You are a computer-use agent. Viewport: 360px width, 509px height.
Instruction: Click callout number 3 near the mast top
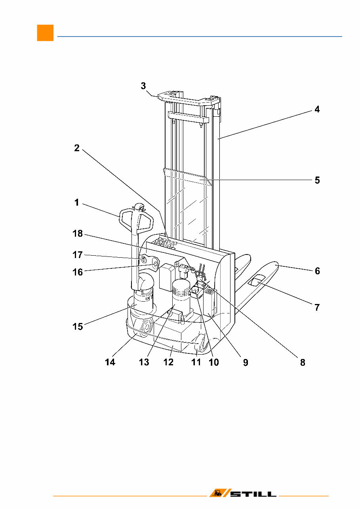click(143, 86)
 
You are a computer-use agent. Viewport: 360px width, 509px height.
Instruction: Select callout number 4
click(316, 110)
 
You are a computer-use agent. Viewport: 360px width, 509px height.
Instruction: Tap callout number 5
click(317, 180)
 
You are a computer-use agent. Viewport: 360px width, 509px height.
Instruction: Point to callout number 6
click(317, 271)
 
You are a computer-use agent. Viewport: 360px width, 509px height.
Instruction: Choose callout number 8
click(303, 362)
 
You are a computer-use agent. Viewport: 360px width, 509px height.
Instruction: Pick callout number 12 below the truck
click(168, 362)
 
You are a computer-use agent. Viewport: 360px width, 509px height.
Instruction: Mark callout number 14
click(110, 362)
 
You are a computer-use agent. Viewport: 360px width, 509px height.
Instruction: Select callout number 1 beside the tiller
click(77, 203)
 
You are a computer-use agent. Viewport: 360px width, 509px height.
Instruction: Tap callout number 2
click(77, 148)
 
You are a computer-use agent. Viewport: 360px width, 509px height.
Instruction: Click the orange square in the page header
click(45, 33)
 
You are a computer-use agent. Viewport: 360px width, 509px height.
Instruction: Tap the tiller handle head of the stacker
click(137, 219)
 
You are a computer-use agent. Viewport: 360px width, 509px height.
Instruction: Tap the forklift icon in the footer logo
click(217, 493)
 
